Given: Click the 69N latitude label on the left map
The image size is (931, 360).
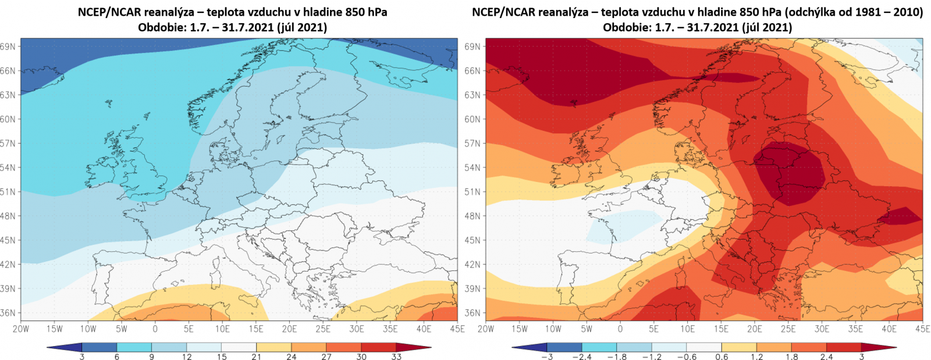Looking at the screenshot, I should [8, 47].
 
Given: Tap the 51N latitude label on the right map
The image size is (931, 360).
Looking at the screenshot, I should [472, 192].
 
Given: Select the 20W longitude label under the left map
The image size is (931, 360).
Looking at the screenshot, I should [20, 329].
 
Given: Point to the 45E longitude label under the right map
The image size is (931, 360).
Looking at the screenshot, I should [922, 329].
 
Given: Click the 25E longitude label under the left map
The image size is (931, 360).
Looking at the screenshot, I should [323, 329].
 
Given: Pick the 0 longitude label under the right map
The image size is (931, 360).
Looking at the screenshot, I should [620, 329].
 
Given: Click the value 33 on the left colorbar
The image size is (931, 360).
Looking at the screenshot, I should [396, 357].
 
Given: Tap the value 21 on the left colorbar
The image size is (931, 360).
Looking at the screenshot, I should [257, 357].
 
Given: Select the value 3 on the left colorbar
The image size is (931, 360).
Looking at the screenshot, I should [82, 357].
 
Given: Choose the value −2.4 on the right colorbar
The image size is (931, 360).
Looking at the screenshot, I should [582, 357].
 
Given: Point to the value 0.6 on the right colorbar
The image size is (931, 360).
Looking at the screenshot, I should [722, 357].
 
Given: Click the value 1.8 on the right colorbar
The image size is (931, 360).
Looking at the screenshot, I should [791, 357].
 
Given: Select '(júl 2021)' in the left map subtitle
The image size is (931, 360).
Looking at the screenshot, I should [300, 27].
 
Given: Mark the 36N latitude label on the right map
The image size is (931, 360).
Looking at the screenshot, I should [472, 313].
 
